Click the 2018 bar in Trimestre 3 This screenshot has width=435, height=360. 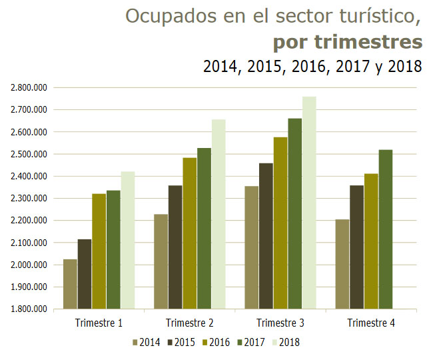308,203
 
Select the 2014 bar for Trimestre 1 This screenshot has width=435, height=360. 70,284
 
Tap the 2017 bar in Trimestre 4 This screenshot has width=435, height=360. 385,229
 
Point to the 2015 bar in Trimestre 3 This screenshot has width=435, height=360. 265,236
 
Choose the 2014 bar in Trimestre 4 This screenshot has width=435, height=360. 342,264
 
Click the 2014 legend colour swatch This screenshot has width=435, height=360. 135,343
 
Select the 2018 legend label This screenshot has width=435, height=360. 290,343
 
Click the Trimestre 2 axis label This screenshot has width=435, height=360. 189,323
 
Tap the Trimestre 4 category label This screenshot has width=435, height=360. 370,323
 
